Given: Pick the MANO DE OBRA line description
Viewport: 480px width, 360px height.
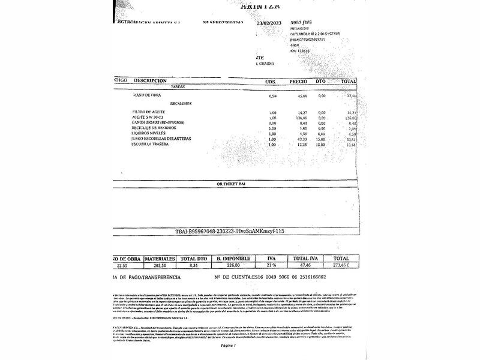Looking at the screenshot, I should (146, 95).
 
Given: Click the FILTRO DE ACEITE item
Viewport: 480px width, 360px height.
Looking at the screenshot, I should (151, 112).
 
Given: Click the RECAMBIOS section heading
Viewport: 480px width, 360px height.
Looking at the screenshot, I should (180, 104).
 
